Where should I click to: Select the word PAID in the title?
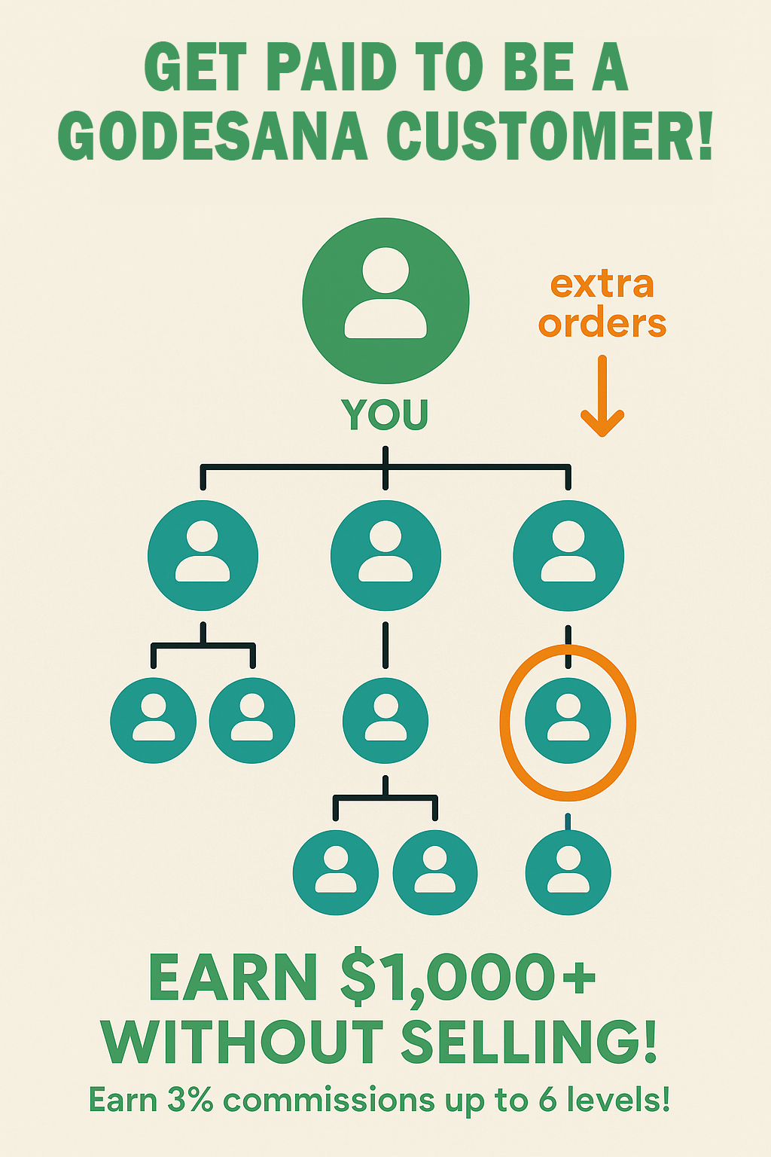[x=331, y=68]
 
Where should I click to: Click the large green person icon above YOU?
[x=385, y=301]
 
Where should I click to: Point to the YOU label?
[x=385, y=414]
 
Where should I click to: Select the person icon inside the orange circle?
[x=568, y=720]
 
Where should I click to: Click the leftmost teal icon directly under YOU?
[x=203, y=556]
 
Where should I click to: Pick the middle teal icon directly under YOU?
[x=385, y=556]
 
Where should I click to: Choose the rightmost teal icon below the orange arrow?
[x=568, y=556]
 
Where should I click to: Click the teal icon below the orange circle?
[x=568, y=872]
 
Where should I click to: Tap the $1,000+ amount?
[x=468, y=978]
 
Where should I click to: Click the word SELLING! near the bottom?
[x=529, y=1043]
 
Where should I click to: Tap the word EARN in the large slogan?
[x=233, y=978]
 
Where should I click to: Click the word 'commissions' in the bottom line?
[x=329, y=1101]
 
